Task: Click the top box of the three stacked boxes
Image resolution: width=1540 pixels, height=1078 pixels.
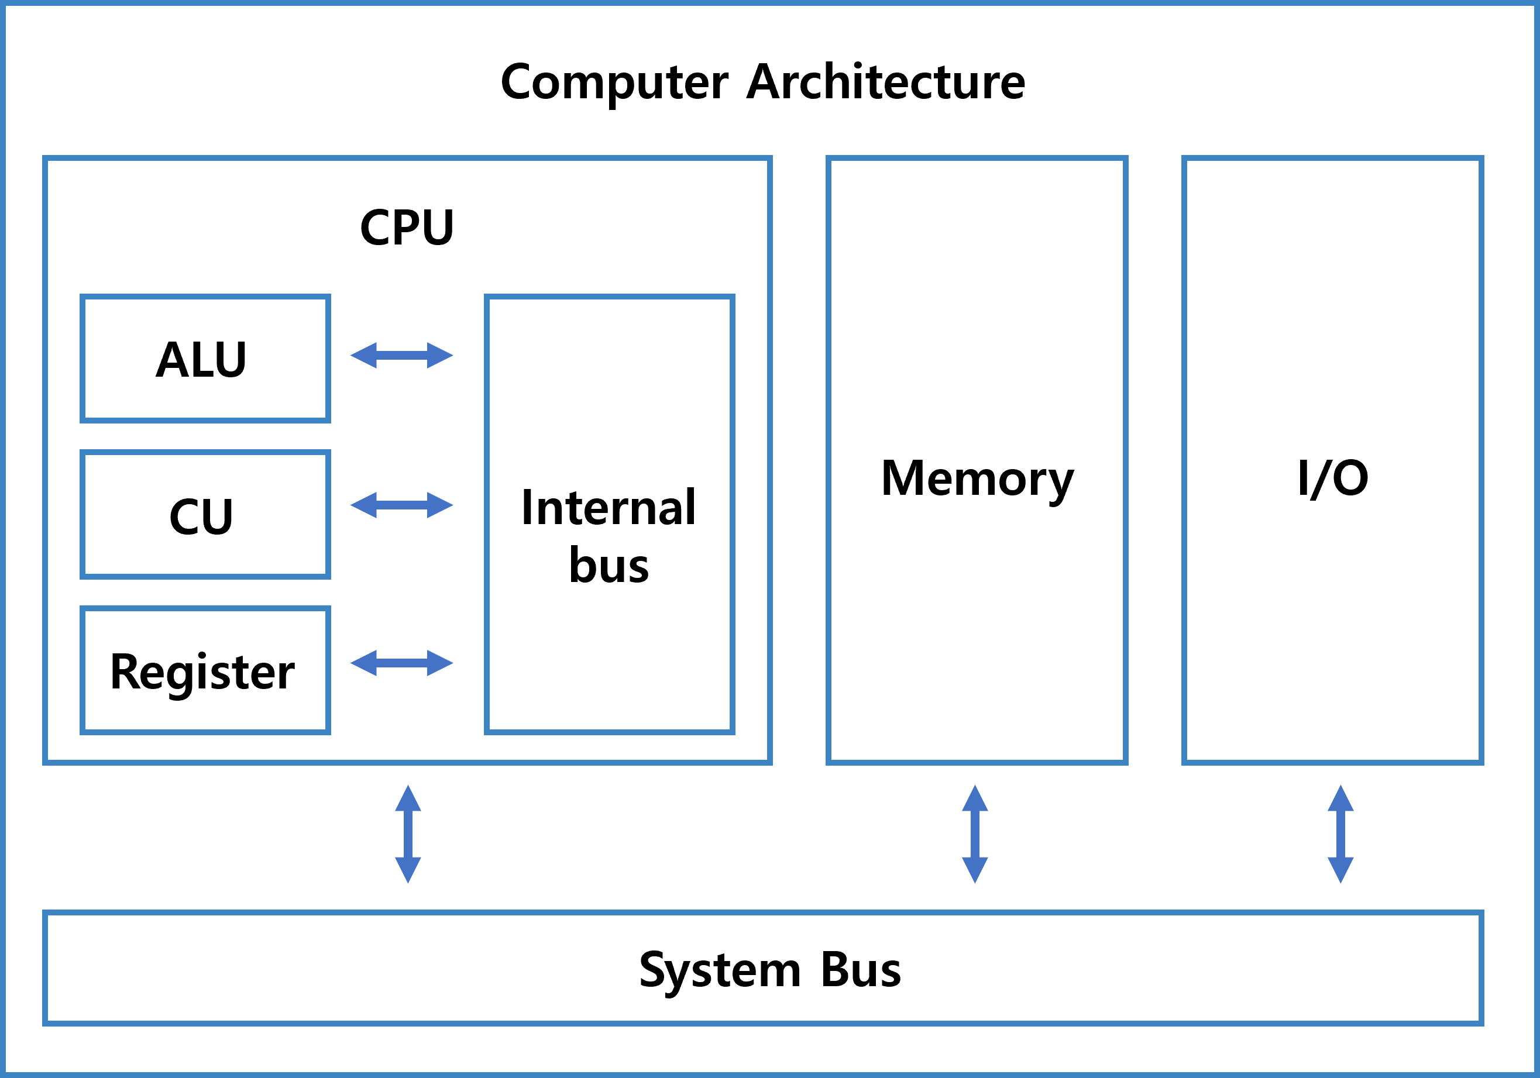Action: tap(205, 359)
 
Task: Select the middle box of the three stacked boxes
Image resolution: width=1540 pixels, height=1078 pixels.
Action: tap(205, 514)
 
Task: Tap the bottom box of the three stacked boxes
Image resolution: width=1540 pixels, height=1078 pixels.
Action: tap(205, 670)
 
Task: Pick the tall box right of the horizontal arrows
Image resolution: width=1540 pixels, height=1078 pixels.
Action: tap(609, 514)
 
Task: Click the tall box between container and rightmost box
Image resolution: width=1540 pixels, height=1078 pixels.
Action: tap(977, 460)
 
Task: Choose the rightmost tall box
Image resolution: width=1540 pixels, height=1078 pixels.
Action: tap(1332, 460)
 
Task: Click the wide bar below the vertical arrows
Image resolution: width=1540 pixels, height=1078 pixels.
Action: tap(764, 967)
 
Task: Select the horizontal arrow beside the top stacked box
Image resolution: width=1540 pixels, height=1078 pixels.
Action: tap(402, 355)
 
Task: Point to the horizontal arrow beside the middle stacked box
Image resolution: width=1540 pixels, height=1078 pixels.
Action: tap(402, 505)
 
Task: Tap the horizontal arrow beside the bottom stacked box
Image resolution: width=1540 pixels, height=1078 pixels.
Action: tap(402, 663)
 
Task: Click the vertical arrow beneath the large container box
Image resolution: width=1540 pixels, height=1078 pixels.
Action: tap(408, 834)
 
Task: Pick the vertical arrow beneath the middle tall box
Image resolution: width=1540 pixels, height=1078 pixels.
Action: tap(975, 834)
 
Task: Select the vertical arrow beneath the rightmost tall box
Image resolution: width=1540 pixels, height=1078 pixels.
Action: tap(1340, 834)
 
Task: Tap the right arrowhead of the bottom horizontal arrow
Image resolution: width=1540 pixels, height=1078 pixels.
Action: tap(439, 663)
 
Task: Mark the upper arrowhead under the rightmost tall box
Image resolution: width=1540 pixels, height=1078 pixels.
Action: tap(1340, 800)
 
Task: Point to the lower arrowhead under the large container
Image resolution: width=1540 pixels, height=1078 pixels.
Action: tap(408, 869)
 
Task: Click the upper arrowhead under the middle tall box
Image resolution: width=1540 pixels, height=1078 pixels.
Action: tap(975, 800)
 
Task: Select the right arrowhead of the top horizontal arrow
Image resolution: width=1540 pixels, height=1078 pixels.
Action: tap(439, 355)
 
